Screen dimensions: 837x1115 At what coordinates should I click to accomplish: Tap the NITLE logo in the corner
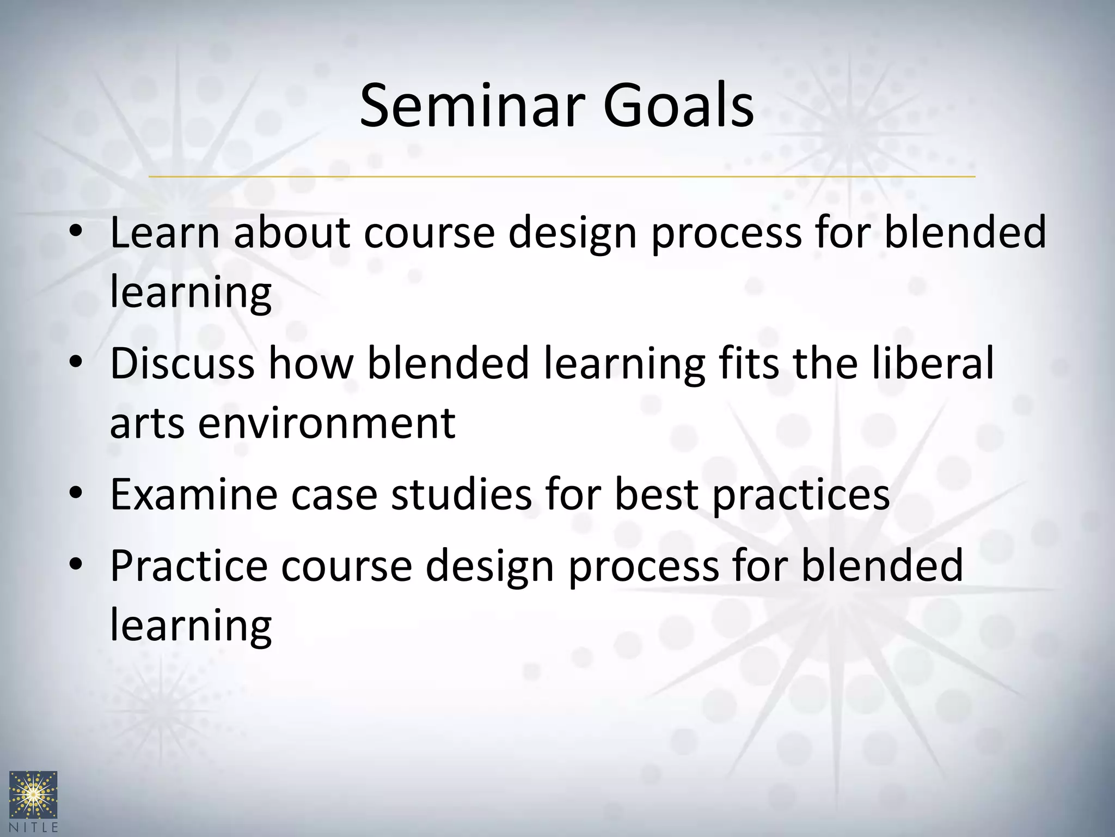click(x=33, y=800)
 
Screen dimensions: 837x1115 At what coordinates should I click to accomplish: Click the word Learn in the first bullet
click(x=164, y=233)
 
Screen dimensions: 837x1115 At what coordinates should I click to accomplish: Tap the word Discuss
click(x=182, y=363)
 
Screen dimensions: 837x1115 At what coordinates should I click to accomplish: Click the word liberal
click(x=933, y=363)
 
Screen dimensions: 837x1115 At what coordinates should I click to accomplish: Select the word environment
click(x=326, y=423)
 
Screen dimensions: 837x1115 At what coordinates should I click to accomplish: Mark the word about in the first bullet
click(x=292, y=233)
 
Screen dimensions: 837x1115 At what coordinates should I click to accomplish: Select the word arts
click(x=146, y=423)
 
